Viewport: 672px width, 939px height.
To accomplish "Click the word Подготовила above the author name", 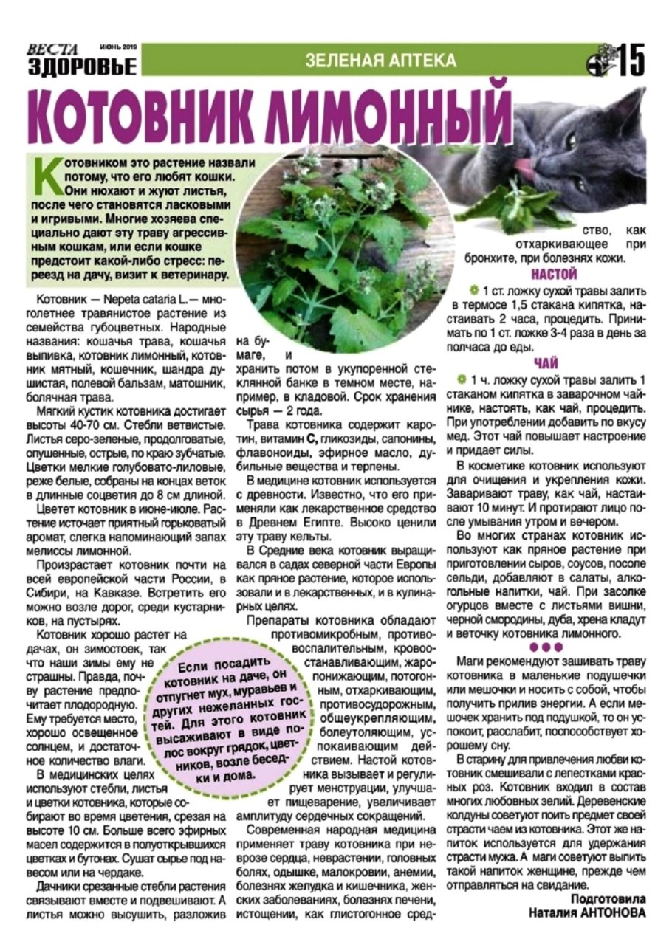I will [x=608, y=899].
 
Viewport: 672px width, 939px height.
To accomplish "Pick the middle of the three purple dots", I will [x=546, y=647].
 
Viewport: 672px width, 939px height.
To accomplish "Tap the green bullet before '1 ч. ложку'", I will [x=463, y=379].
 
